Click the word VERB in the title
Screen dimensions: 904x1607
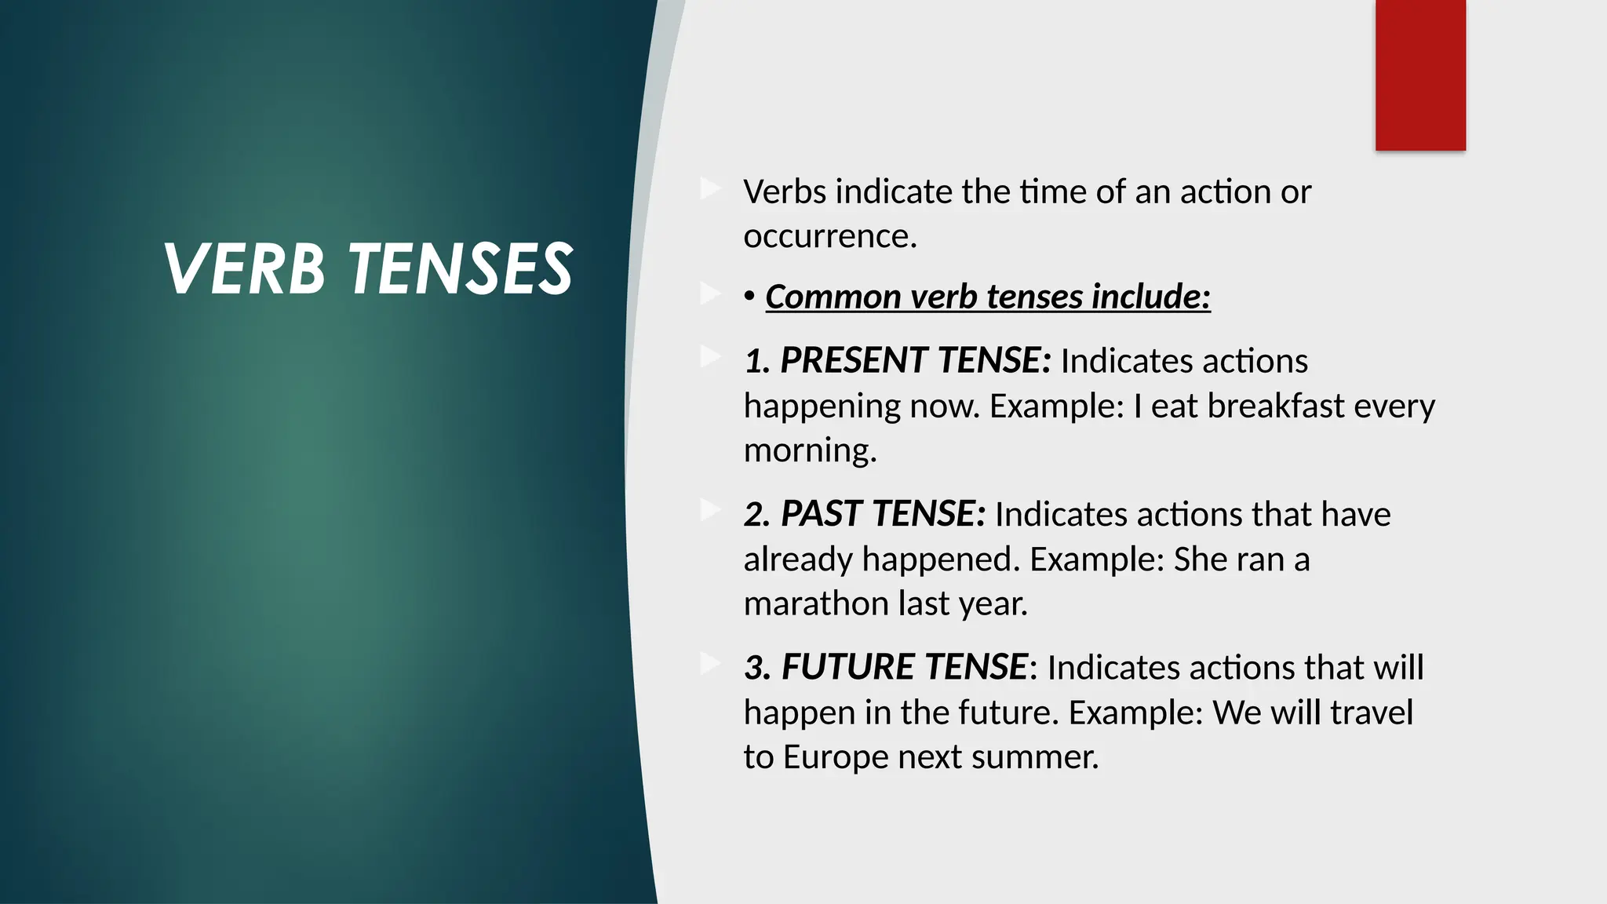point(244,268)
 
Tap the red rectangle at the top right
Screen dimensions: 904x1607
point(1420,75)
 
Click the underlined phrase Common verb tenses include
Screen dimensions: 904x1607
point(987,297)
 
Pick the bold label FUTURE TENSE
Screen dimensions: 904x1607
point(904,667)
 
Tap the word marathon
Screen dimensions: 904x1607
point(817,603)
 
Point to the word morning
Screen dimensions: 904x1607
point(808,450)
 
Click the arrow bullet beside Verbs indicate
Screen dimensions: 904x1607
point(710,188)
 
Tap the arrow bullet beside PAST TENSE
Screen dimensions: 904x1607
point(710,511)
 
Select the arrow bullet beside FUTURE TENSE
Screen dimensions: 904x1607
point(710,664)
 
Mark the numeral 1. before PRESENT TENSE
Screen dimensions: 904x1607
point(757,361)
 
